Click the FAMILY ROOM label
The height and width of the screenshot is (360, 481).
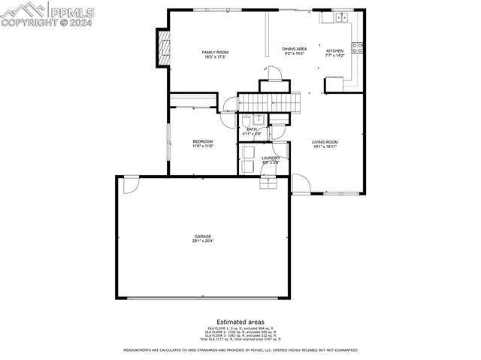[214, 52]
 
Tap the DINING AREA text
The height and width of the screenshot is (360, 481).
[295, 48]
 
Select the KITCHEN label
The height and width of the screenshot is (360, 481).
[334, 49]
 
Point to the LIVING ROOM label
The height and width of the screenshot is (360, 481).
[325, 142]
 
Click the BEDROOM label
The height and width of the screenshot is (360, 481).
[202, 141]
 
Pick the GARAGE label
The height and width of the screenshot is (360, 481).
[202, 236]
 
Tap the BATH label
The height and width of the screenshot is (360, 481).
[251, 129]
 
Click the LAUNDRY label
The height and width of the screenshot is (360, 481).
[271, 158]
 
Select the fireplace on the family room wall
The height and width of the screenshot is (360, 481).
[162, 47]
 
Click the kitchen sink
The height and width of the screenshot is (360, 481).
[341, 17]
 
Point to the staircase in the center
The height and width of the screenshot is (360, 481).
[269, 101]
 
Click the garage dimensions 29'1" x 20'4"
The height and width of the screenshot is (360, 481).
[202, 241]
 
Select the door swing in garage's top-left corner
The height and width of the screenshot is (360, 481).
[131, 183]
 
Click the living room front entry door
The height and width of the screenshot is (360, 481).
[300, 184]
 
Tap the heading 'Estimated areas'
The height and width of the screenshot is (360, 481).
[240, 322]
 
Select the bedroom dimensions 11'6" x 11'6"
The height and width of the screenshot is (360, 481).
[202, 147]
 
